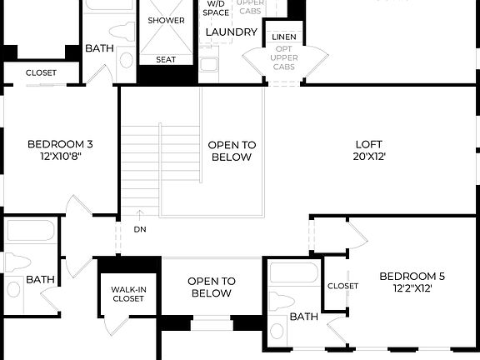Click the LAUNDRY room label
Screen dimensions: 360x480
[231, 32]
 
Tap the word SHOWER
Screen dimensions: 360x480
[166, 20]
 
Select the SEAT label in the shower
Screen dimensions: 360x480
[166, 59]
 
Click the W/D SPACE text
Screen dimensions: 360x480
[216, 8]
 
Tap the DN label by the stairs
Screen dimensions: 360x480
[138, 228]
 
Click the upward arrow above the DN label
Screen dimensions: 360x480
[138, 214]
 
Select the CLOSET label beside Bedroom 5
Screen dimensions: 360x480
[342, 286]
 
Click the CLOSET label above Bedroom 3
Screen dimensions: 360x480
[41, 73]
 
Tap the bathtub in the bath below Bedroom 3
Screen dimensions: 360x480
[31, 232]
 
